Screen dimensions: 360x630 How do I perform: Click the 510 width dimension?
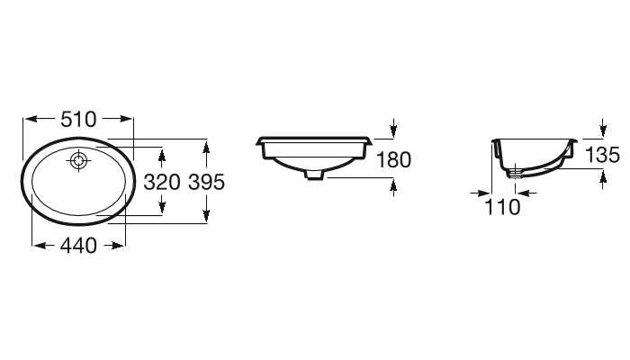pyautogui.click(x=79, y=119)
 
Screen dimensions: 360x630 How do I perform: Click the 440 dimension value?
pyautogui.click(x=78, y=245)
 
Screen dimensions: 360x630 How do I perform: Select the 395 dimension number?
pyautogui.click(x=206, y=181)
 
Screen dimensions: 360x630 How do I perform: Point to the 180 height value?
pyautogui.click(x=393, y=160)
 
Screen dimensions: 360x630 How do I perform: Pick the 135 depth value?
pyautogui.click(x=602, y=155)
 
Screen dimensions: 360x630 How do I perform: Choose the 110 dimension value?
pyautogui.click(x=502, y=207)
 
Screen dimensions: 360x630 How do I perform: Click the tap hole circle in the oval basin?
pyautogui.click(x=80, y=162)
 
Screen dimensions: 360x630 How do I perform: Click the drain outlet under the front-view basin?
pyautogui.click(x=314, y=175)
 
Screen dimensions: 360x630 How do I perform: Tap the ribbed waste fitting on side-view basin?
pyautogui.click(x=515, y=171)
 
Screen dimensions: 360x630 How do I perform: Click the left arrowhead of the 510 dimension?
pyautogui.click(x=27, y=119)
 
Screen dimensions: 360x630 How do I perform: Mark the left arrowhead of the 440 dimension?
pyautogui.click(x=37, y=245)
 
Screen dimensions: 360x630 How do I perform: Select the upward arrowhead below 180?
pyautogui.click(x=394, y=185)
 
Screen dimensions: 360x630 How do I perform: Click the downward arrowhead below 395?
pyautogui.click(x=206, y=215)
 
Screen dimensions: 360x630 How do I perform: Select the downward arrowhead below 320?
pyautogui.click(x=162, y=208)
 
